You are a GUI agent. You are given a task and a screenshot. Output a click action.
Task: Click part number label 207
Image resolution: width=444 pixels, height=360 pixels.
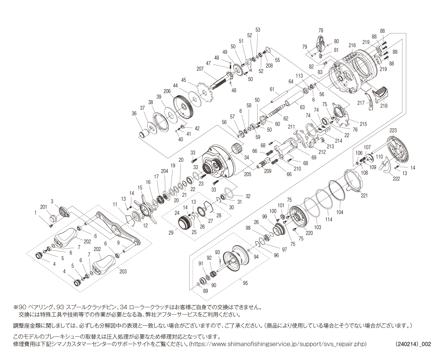(200, 69)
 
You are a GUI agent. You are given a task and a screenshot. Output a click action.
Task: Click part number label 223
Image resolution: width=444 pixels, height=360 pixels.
(393, 130)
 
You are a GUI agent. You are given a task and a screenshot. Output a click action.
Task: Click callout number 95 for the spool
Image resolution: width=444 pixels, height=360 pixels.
(245, 283)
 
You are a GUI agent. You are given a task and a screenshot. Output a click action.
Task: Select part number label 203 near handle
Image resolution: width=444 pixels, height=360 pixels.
(123, 271)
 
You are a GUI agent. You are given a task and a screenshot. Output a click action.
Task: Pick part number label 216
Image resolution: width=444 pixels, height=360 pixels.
(352, 45)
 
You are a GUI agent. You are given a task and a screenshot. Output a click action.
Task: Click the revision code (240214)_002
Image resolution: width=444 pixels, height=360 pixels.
(413, 344)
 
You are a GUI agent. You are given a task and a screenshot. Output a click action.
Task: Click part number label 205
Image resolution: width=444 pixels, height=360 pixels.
(247, 174)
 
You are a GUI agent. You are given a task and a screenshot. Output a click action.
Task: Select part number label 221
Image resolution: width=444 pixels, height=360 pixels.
(364, 195)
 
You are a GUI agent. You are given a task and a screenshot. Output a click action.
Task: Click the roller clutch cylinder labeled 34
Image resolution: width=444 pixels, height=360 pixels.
(238, 148)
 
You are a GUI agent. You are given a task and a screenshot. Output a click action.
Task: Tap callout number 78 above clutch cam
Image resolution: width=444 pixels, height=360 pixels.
(321, 30)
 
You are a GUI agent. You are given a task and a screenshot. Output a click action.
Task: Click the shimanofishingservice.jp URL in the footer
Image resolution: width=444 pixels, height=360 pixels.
(278, 344)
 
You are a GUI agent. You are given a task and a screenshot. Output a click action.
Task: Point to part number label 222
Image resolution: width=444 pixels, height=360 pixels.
(396, 178)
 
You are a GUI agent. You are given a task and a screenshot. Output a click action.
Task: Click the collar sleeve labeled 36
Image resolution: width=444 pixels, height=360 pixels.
(144, 133)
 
